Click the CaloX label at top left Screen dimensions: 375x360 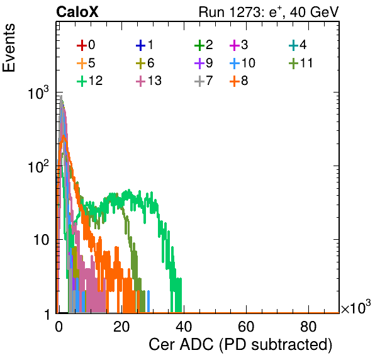tap(77, 12)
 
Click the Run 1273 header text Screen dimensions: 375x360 tap(269, 12)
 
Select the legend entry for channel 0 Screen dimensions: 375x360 tap(86, 45)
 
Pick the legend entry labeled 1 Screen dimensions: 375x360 tap(145, 45)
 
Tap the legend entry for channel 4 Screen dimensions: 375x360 tap(298, 45)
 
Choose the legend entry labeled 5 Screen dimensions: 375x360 tap(86, 63)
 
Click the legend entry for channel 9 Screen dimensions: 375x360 tap(203, 63)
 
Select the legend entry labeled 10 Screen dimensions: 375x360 tap(242, 63)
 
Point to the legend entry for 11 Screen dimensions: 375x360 tap(301, 63)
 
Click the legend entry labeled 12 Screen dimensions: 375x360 tap(90, 81)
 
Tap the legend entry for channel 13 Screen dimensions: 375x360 tap(148, 81)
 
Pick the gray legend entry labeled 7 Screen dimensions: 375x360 tap(203, 81)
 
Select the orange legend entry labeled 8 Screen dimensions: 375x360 tap(238, 81)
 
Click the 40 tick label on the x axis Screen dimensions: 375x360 tap(184, 327)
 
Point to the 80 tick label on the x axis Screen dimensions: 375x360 tap(308, 327)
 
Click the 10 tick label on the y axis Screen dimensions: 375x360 tap(41, 239)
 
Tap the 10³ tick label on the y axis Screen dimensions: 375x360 tap(38, 93)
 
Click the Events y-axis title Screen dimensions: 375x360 tap(9, 48)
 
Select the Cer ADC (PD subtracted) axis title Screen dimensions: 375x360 tap(240, 345)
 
